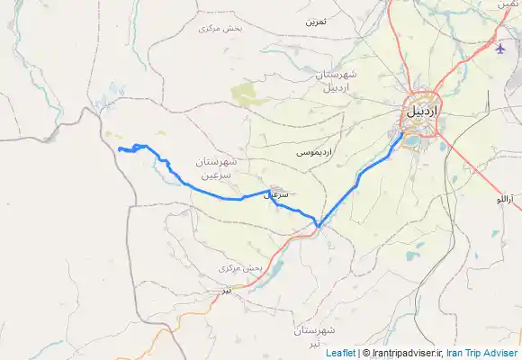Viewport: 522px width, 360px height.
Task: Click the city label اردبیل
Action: [x=420, y=112]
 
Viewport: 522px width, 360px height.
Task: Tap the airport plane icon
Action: [x=500, y=48]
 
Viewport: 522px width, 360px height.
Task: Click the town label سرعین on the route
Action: [x=278, y=194]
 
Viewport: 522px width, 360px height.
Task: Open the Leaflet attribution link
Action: [x=339, y=353]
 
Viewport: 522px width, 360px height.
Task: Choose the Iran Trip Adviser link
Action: [x=482, y=353]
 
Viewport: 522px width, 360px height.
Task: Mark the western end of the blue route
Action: [x=119, y=148]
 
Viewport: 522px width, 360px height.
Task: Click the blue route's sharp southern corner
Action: [x=318, y=225]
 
